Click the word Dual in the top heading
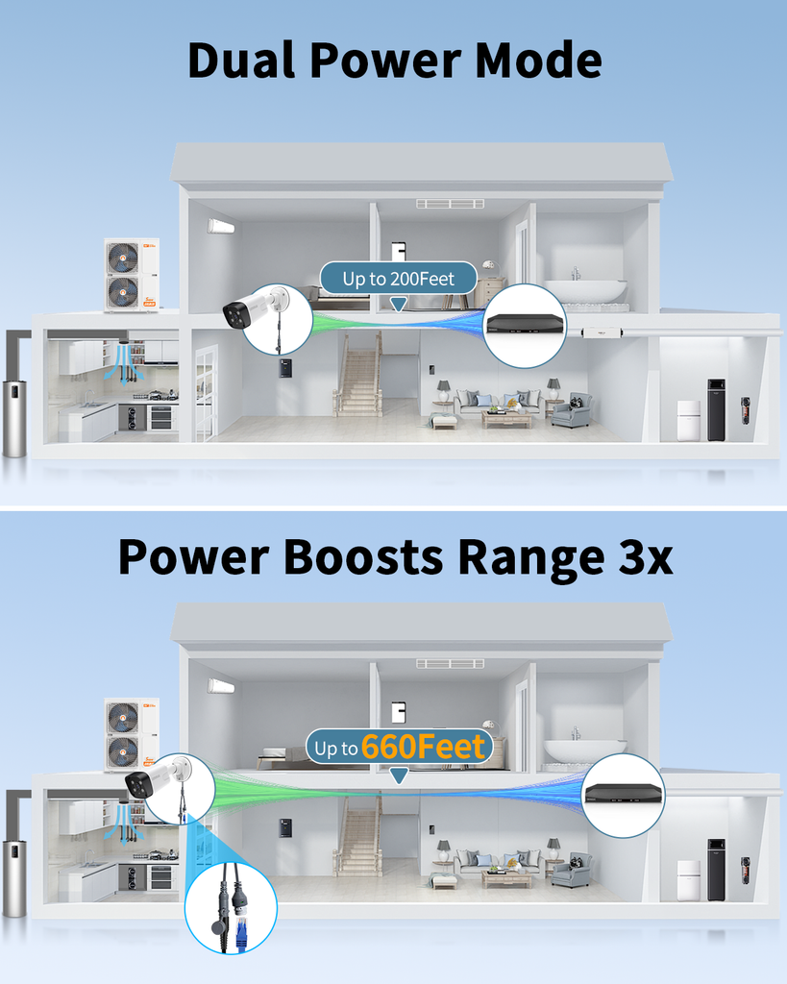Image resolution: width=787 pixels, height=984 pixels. point(242,60)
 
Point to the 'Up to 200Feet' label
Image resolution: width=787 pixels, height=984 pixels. point(398,279)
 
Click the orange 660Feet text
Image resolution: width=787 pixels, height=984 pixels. point(424,748)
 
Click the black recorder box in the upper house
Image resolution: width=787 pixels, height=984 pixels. point(524,323)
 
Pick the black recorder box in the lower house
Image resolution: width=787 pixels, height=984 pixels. point(623,793)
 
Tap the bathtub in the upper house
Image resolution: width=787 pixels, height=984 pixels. point(585,290)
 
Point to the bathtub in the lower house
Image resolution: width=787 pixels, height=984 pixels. point(584,750)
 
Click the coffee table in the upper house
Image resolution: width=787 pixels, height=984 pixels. point(506,418)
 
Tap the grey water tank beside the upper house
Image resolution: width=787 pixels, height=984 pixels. point(14,418)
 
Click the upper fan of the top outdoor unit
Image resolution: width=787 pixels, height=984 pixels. point(123,258)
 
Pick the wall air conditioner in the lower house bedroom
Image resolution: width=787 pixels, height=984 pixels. point(221,686)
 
